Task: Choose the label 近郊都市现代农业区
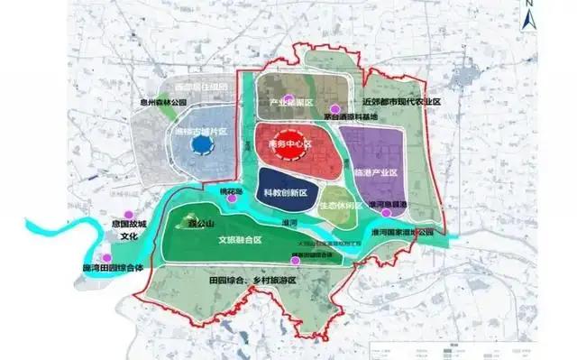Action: pyautogui.click(x=400, y=103)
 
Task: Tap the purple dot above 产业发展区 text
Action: pyautogui.click(x=288, y=98)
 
